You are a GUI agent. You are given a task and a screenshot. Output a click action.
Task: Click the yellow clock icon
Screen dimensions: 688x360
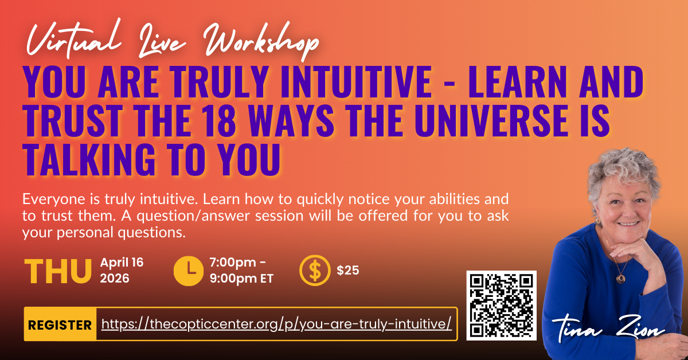(x=188, y=271)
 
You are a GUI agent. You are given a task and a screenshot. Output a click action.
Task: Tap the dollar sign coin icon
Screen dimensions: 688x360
(x=315, y=271)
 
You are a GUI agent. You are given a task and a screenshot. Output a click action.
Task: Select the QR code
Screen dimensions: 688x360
(x=501, y=306)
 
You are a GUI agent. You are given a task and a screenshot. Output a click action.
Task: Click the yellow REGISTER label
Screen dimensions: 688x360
(x=60, y=324)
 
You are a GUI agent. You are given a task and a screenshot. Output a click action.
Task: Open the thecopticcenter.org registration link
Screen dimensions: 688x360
(x=276, y=324)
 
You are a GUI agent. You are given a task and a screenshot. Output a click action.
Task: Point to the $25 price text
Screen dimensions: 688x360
(x=347, y=271)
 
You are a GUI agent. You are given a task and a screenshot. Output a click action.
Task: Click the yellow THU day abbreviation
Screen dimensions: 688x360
(x=58, y=271)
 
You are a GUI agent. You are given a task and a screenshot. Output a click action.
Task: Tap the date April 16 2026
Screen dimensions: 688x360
(x=122, y=271)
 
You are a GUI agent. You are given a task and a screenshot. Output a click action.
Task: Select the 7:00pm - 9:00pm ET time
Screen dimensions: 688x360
(x=241, y=271)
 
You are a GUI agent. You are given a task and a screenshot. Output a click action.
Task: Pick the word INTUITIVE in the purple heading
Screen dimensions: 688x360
(x=356, y=82)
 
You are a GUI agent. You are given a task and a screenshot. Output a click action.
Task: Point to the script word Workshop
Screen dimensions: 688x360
(x=261, y=41)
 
